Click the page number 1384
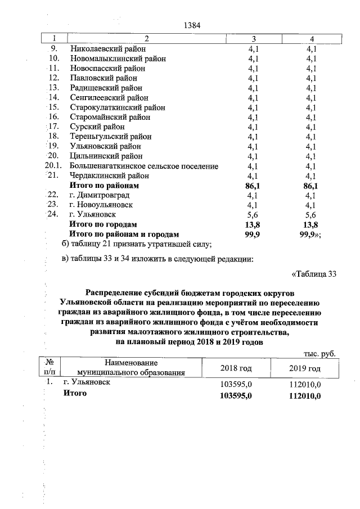(x=192, y=25)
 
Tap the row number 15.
(x=54, y=107)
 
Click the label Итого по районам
(x=103, y=185)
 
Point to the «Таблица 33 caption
(x=314, y=274)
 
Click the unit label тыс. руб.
(x=319, y=353)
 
